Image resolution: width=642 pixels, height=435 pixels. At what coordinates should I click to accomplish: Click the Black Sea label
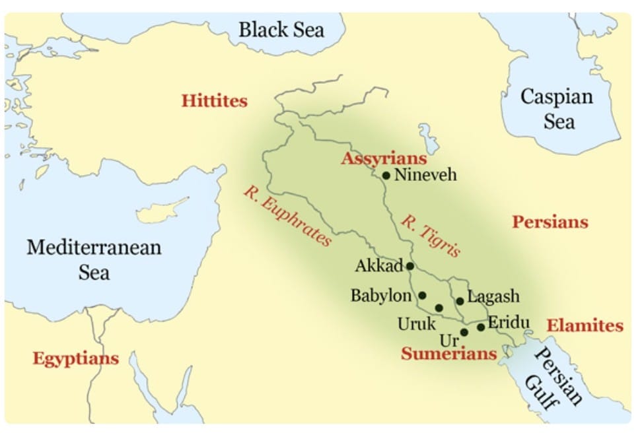coord(281,30)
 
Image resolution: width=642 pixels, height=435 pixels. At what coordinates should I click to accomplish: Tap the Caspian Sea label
coord(557,109)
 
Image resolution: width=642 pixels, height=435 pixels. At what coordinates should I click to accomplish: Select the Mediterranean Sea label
coord(94,259)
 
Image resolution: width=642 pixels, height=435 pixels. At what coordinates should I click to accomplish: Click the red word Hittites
coord(215,102)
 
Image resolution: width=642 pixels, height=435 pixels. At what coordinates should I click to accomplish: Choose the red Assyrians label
coord(384,159)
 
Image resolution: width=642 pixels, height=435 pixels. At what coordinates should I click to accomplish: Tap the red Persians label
coord(550,222)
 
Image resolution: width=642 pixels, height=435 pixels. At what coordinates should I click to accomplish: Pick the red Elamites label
coord(585,325)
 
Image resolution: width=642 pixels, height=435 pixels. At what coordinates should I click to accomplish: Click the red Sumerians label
coord(448,354)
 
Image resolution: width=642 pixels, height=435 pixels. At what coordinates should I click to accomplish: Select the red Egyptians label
coord(76,358)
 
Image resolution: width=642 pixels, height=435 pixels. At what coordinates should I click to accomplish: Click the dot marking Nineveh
coord(386,176)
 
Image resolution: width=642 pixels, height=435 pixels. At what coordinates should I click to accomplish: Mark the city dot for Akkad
coord(410,266)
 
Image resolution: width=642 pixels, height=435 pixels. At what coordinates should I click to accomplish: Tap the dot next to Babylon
coord(423,295)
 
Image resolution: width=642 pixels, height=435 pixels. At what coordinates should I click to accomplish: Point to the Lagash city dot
coord(460,301)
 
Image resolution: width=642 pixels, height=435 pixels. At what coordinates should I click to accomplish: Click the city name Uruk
coord(417,324)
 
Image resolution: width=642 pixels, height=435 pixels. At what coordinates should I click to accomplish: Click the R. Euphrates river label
coord(287,216)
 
